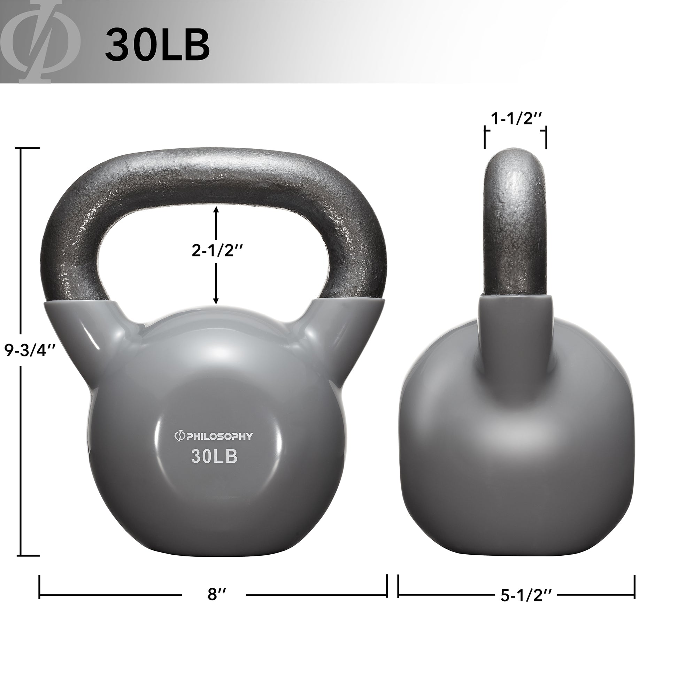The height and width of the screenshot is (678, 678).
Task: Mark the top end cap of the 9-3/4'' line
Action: (29, 148)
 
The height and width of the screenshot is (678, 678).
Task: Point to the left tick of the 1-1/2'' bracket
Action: (485, 138)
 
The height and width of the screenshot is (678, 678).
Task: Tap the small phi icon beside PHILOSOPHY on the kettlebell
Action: (178, 436)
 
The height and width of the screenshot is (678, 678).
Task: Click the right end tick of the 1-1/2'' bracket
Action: (546, 138)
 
